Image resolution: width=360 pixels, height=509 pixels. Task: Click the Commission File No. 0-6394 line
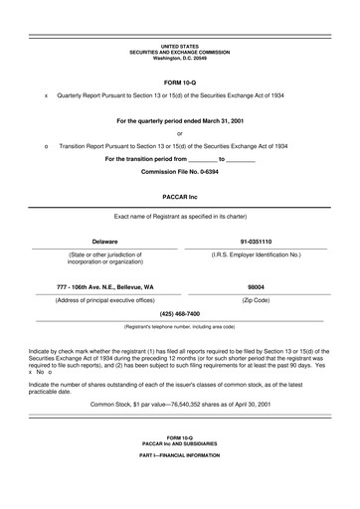(x=180, y=171)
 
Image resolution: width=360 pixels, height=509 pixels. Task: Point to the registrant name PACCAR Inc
(x=180, y=198)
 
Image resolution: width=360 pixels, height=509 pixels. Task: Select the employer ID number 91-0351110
(x=256, y=241)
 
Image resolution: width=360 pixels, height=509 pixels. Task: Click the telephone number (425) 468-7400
(x=180, y=313)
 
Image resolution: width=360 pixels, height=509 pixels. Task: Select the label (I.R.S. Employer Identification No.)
(x=256, y=254)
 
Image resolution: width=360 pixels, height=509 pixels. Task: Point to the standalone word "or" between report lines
(x=180, y=132)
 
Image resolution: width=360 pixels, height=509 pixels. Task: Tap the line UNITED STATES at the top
(x=180, y=46)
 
